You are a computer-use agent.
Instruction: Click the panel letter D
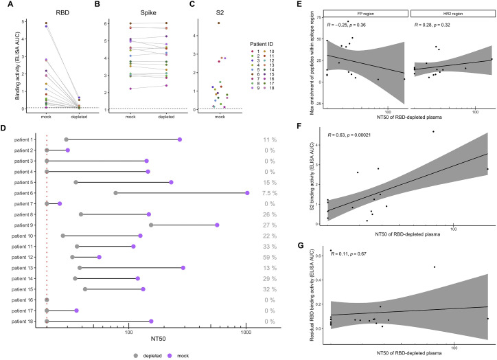click(x=4, y=126)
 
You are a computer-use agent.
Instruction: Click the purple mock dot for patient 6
click(x=247, y=193)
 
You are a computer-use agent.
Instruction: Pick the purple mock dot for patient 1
click(x=180, y=139)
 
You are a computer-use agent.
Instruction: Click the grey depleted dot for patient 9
click(x=151, y=225)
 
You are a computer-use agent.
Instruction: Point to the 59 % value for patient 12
click(x=268, y=257)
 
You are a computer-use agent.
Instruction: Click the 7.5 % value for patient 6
click(x=267, y=193)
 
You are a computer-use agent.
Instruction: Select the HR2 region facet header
click(x=450, y=12)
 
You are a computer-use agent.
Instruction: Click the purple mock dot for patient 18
click(x=151, y=321)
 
